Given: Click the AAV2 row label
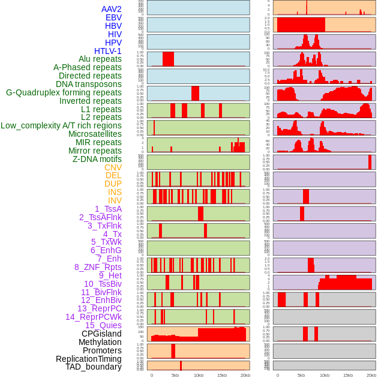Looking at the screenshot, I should tap(111, 9).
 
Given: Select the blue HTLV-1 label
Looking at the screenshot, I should tap(107, 51).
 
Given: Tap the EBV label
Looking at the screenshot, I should tap(113, 17).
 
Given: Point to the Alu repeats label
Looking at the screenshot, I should tap(100, 59).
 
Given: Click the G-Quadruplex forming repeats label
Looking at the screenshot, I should tap(64, 92).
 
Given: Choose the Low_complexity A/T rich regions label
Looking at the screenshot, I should tap(61, 125).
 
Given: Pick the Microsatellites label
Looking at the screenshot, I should tap(95, 134).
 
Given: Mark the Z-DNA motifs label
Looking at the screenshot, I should tap(97, 159).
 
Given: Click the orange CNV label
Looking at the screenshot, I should tap(113, 167).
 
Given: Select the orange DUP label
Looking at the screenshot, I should tap(113, 184).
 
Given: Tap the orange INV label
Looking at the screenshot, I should tap(115, 200).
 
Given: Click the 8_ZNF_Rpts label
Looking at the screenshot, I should tap(98, 267).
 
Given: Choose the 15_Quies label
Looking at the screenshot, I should tap(103, 325).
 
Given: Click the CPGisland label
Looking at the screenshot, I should tap(101, 334).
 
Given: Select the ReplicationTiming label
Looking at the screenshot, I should tap(88, 359).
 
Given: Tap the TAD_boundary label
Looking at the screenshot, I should tap(94, 367).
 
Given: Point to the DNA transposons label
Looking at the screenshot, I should tap(89, 84).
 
